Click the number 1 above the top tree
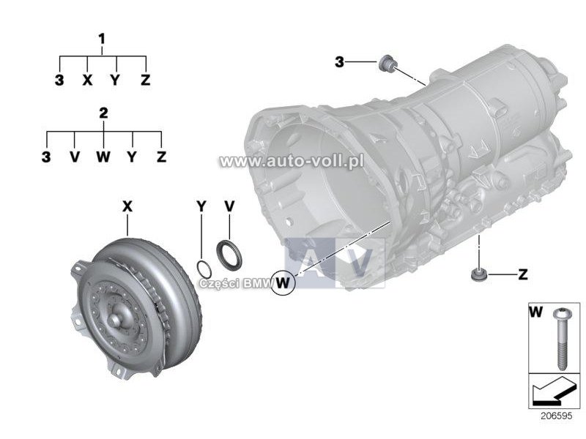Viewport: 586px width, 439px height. click(102, 40)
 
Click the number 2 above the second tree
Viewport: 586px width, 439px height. click(103, 113)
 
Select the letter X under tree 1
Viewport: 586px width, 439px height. click(87, 80)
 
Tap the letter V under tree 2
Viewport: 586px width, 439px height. click(75, 157)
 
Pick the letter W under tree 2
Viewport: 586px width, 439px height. click(103, 157)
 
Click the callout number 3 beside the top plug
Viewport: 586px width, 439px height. click(339, 62)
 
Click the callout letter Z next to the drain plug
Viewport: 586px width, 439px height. click(523, 275)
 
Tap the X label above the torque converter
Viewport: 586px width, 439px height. click(127, 206)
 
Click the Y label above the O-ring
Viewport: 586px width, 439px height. click(201, 206)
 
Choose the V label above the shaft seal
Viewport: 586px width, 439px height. click(229, 206)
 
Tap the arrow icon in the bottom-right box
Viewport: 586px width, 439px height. click(552, 392)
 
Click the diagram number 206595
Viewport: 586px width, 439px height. click(556, 416)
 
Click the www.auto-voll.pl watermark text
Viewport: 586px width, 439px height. click(292, 161)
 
